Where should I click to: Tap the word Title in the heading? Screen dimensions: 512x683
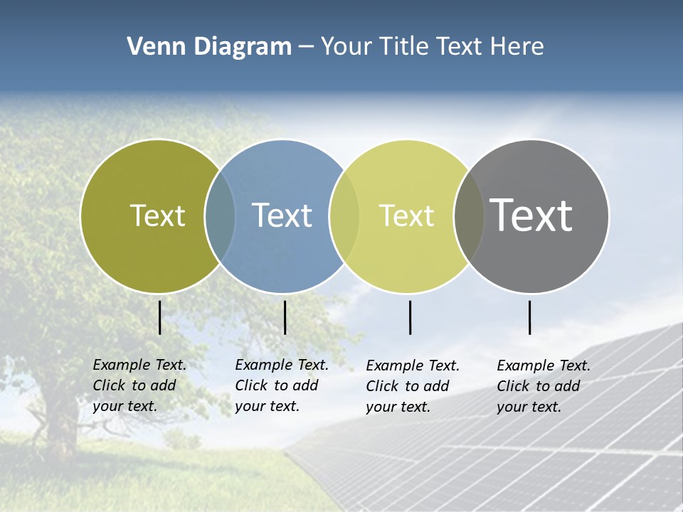coord(406,47)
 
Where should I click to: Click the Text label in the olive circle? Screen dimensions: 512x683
coord(157,215)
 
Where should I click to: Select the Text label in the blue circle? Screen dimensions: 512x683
coord(282,215)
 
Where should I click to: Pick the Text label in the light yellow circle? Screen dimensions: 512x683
coord(406,215)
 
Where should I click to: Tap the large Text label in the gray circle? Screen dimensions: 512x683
coord(531,215)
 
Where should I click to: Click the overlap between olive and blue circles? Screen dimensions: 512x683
coord(220,215)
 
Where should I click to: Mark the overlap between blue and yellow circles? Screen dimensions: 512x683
coord(344,215)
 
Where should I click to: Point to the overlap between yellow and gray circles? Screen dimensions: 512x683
coord(469,215)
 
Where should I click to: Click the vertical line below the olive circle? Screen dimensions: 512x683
coord(160,317)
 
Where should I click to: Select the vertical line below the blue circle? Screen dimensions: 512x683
coord(285,317)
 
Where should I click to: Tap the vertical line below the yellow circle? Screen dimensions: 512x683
coord(411,317)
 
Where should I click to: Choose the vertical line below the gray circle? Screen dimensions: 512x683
coord(530,317)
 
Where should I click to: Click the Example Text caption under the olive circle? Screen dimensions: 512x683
coord(139,385)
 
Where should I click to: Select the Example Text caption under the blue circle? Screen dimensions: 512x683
coord(281,385)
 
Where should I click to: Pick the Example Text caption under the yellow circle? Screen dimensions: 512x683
coord(412,386)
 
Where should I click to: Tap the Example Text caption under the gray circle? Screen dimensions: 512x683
coord(543,386)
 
